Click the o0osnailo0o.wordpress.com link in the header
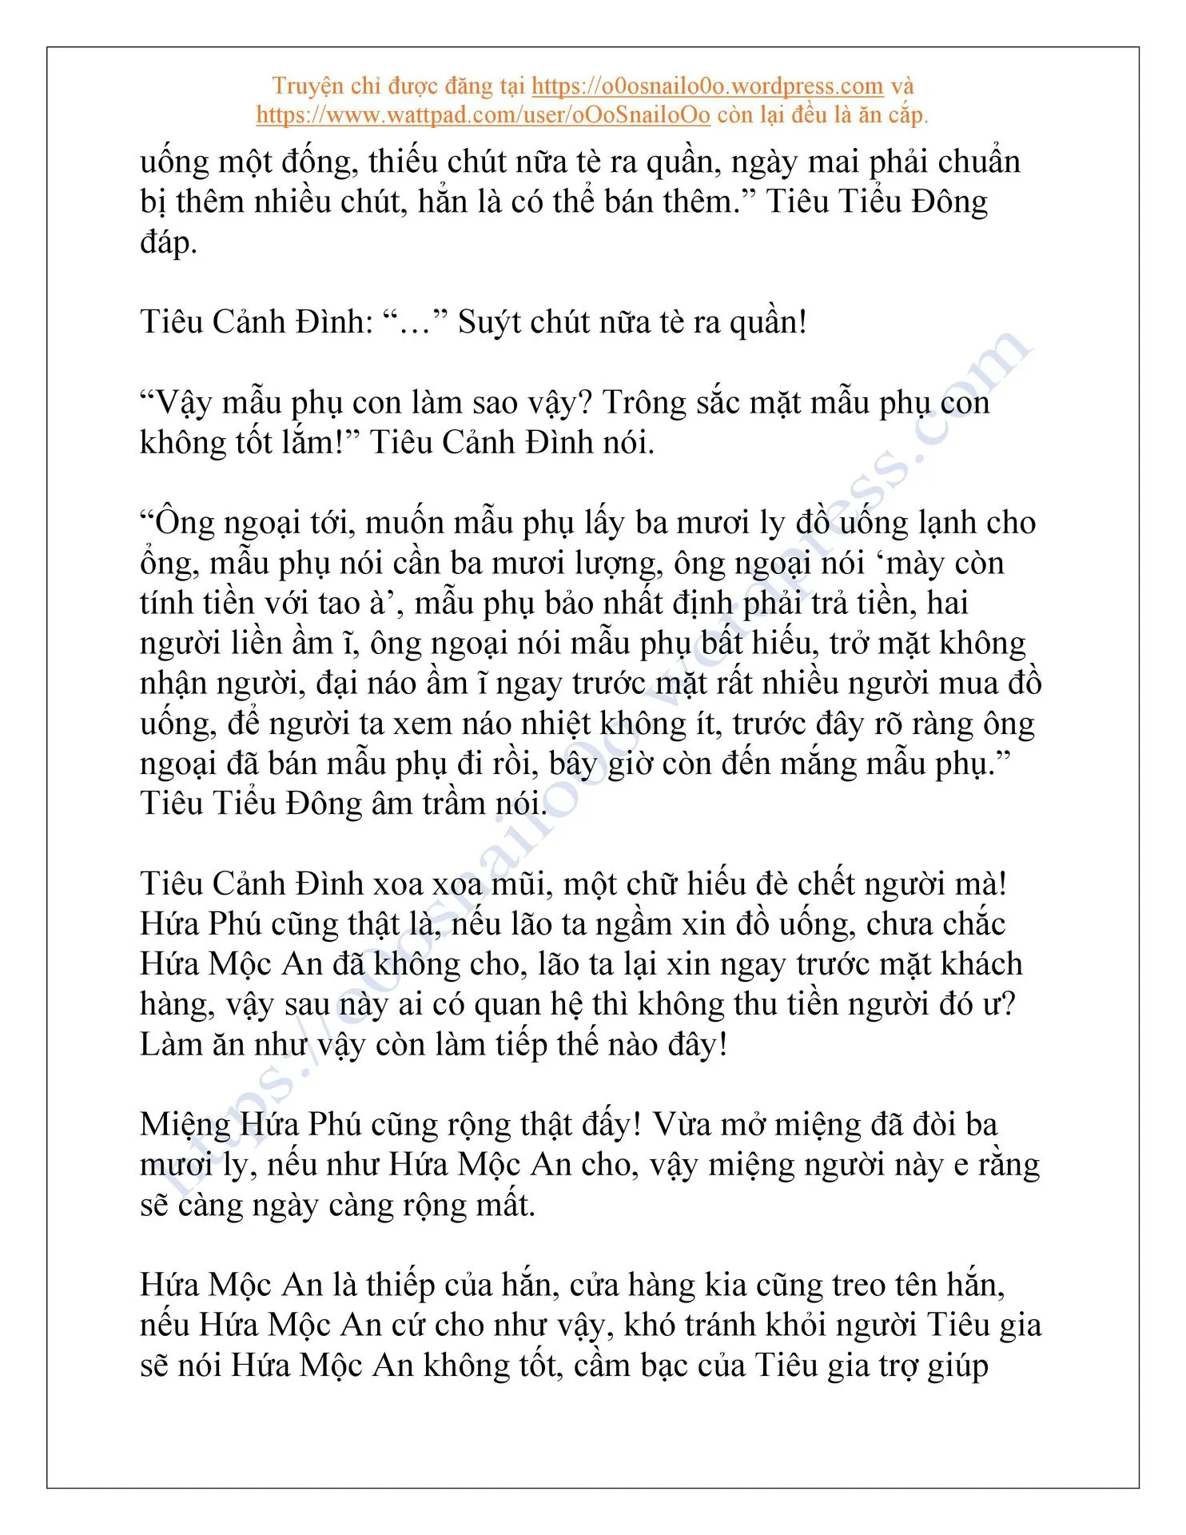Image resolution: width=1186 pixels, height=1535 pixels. point(706,86)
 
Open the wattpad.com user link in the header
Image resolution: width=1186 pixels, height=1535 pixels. point(483,115)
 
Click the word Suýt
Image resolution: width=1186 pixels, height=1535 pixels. point(488,322)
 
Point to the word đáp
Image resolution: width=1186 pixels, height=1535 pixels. point(168,242)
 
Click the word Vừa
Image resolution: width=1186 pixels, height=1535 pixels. point(682,1126)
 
